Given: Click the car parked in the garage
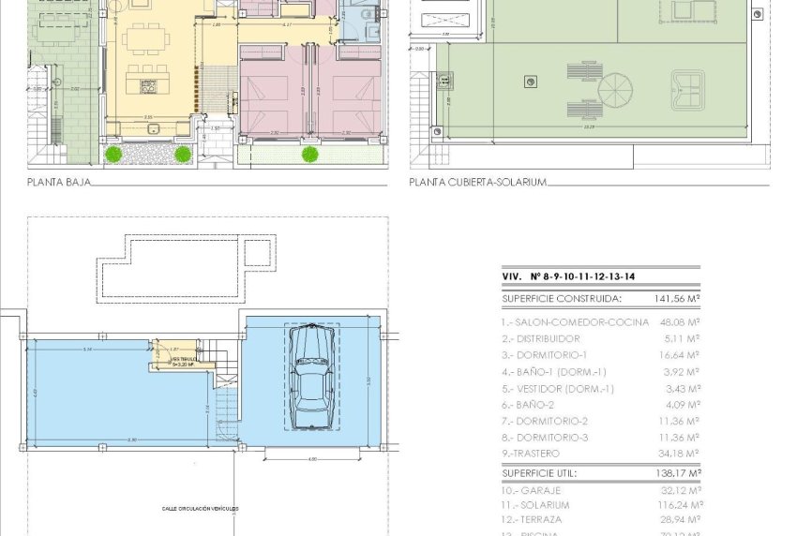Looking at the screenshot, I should [x=309, y=377].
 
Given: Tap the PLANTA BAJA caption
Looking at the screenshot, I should [x=58, y=183].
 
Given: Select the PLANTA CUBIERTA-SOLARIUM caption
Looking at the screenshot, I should [x=477, y=183].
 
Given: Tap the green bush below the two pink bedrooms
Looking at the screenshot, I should [x=310, y=153].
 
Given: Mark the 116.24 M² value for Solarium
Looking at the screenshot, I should [x=679, y=504].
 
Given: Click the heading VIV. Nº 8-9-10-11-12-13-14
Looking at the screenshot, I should [x=568, y=277].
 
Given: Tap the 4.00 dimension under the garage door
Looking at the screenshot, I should [x=312, y=459].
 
